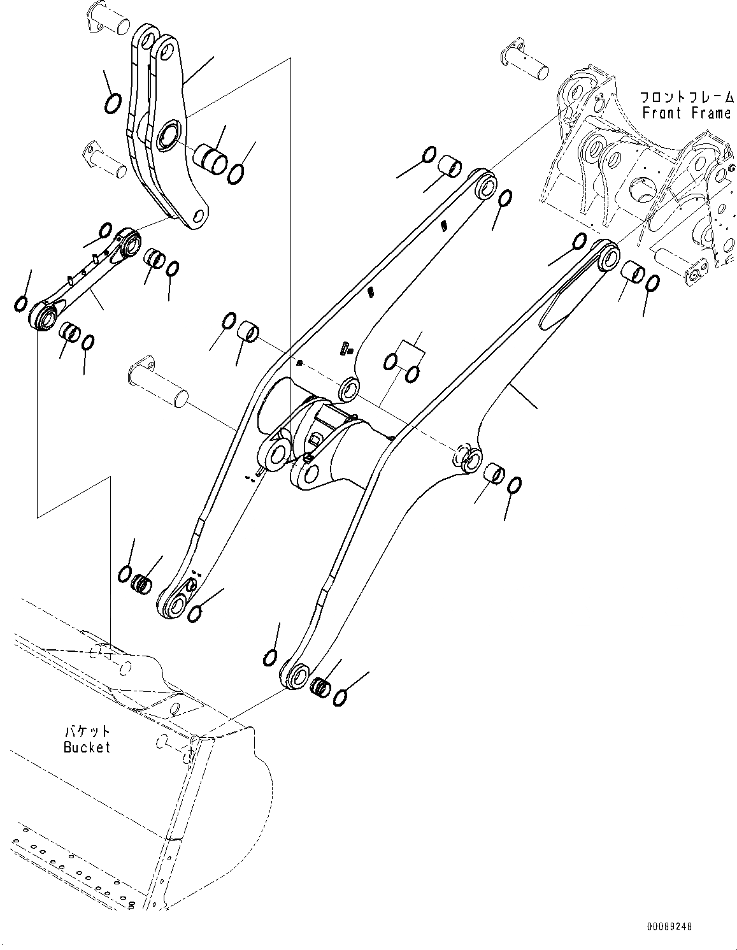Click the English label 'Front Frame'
tap(686, 113)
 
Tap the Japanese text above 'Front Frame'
tap(687, 97)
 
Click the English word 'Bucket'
tap(87, 747)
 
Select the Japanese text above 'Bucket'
tap(87, 731)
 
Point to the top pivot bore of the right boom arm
tap(609, 257)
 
